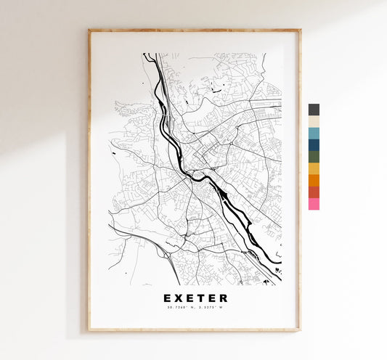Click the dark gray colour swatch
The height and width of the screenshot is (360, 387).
click(314, 110)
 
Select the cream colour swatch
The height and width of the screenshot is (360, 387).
click(314, 121)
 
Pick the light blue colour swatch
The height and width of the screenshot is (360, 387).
click(314, 133)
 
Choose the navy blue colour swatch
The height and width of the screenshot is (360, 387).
click(314, 144)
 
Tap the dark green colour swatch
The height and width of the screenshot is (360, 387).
click(314, 156)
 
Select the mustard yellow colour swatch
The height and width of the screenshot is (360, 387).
click(314, 168)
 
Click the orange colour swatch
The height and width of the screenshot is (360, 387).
click(314, 180)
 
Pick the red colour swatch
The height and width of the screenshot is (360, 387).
click(314, 192)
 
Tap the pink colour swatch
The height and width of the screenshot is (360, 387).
click(314, 204)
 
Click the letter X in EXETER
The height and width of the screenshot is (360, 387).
click(180, 298)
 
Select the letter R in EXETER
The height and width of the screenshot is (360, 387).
click(223, 298)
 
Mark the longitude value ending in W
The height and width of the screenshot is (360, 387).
click(211, 308)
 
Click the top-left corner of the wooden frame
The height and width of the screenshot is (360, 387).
click(89, 30)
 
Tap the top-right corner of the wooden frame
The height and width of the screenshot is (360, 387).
click(300, 30)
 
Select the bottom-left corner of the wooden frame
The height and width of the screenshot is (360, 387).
click(89, 330)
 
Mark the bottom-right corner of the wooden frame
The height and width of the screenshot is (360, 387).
click(300, 330)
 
